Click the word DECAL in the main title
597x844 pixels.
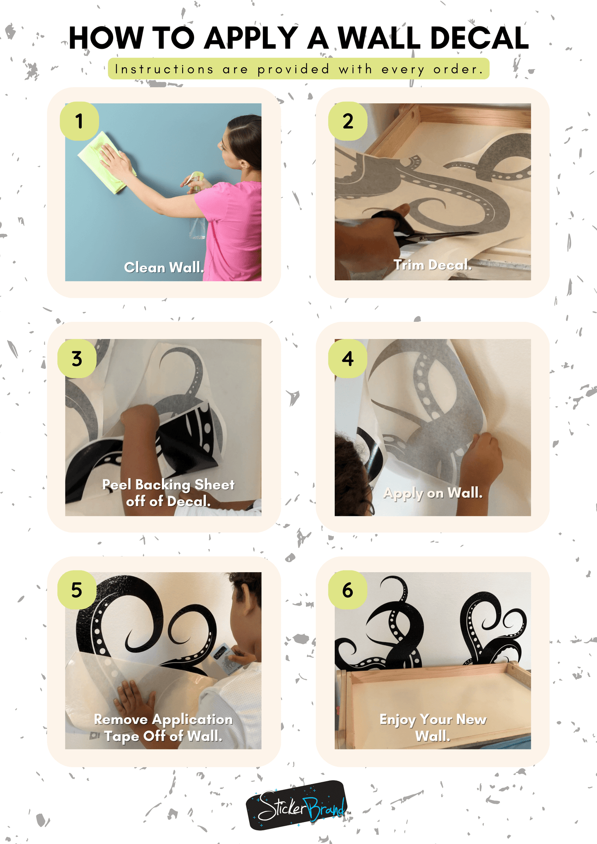479,38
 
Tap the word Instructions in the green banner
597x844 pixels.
164,69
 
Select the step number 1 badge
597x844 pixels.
79,121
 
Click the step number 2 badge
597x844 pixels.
348,121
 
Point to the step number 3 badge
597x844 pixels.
77,359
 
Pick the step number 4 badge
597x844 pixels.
348,359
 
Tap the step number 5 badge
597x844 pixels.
77,590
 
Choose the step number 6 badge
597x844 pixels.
348,590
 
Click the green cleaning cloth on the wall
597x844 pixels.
107,162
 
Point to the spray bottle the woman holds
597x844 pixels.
197,207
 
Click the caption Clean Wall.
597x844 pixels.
164,267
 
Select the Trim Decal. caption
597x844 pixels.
433,265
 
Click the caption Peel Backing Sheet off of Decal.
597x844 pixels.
168,492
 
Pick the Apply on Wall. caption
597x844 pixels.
433,493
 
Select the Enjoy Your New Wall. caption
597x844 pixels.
433,727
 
